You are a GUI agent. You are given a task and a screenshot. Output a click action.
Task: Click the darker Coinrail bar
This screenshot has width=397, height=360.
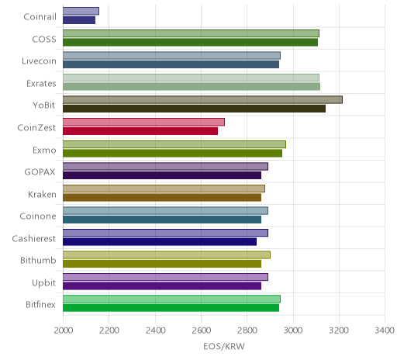pos(79,20)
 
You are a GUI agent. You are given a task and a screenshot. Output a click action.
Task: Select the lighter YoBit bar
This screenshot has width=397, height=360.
pos(202,100)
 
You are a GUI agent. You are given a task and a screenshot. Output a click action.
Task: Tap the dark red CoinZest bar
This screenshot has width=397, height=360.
pos(140,131)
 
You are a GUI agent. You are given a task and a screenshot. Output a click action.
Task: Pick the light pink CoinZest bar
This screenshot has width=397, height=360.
pos(143,122)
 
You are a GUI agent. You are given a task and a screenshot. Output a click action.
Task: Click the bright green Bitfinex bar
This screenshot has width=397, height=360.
pos(171,308)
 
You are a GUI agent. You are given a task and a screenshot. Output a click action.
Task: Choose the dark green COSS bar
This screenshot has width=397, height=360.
pos(190,43)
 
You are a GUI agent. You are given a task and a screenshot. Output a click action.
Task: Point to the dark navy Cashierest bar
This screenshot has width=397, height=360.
pos(160,242)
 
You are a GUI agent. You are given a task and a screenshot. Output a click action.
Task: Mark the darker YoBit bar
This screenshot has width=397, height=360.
pos(194,109)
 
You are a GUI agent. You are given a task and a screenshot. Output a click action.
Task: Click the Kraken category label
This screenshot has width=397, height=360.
pos(42,194)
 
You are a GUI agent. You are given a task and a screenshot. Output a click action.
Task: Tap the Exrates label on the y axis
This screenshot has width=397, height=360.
pos(41,84)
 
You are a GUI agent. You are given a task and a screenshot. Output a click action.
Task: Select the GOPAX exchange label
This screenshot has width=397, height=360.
pos(40,172)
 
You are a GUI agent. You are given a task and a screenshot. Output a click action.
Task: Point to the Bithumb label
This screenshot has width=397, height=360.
pos(38,260)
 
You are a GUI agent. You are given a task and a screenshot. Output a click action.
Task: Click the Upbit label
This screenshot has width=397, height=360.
pos(43,282)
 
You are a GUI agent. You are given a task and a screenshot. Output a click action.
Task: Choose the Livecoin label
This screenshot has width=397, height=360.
pos(39,61)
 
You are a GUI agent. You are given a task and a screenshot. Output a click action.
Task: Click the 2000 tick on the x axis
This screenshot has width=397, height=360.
pos(64,331)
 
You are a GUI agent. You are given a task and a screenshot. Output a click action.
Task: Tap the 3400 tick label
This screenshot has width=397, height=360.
pos(385,331)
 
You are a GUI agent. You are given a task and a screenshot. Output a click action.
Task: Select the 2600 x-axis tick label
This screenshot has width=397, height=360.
pos(201,331)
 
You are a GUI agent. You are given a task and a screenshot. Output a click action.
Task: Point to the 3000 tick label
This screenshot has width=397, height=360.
pos(293,331)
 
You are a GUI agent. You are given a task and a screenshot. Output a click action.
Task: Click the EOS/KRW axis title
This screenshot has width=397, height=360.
pos(224,346)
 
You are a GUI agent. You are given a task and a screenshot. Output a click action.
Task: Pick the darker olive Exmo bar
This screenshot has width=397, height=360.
pos(172,153)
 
